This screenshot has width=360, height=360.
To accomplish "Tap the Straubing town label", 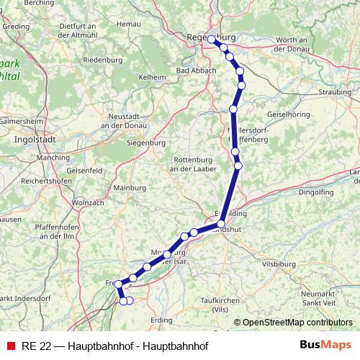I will [x=336, y=92].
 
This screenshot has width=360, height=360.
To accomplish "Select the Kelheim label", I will [x=152, y=76].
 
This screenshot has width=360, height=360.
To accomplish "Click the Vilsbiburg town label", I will [x=279, y=264].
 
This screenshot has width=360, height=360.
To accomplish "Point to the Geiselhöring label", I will [x=288, y=114].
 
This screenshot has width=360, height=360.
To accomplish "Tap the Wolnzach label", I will [x=89, y=202].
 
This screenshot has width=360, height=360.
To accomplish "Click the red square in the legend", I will [x=9, y=345].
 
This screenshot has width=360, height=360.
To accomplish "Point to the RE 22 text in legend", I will [x=36, y=345].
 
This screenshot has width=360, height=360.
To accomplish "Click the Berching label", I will [x=38, y=3].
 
